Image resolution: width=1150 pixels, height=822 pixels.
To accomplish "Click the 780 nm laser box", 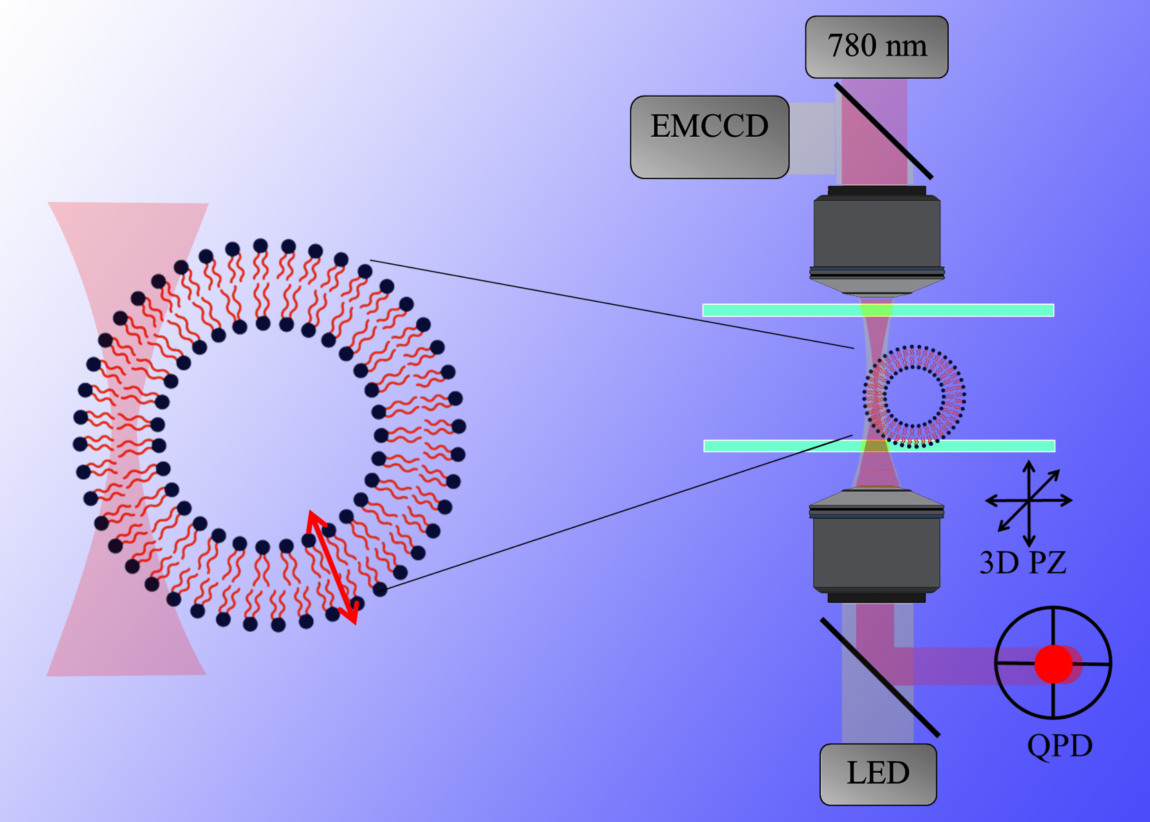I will click(876, 47).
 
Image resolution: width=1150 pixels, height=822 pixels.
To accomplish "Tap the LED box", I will click(878, 774).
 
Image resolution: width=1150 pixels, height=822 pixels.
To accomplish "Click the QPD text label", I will click(1059, 746).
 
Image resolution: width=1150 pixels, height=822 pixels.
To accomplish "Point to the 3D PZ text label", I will click(1023, 563).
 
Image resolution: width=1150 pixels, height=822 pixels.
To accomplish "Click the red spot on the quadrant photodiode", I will click(1053, 664).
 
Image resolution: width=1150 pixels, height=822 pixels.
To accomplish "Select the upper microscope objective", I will click(877, 239).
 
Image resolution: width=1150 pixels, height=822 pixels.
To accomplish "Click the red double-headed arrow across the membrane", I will click(333, 567).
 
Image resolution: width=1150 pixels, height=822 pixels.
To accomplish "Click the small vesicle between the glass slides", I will click(914, 396).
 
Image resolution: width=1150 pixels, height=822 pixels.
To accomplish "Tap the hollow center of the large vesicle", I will click(270, 436).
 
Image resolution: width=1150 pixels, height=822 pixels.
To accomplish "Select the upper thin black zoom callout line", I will click(612, 304).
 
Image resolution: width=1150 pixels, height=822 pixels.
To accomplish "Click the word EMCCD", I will click(710, 126).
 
